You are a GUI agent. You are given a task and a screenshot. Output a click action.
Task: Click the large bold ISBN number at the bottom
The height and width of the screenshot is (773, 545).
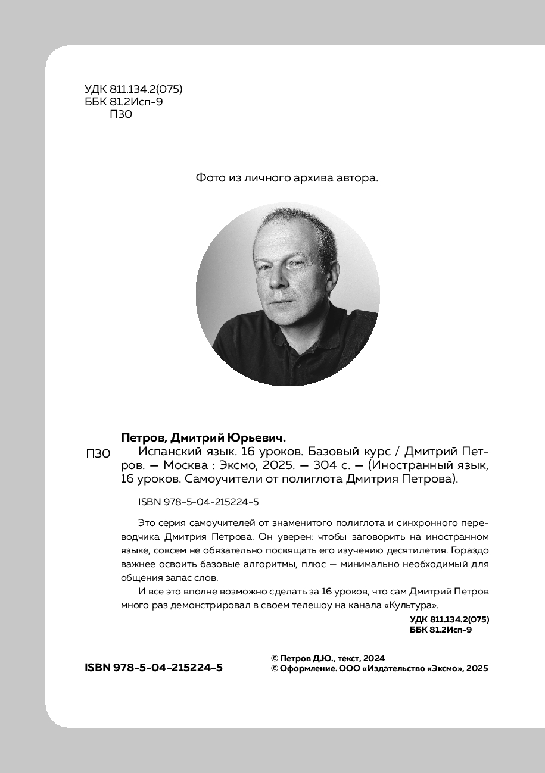(154, 668)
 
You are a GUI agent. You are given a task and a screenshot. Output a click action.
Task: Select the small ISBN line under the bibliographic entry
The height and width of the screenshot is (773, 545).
(198, 502)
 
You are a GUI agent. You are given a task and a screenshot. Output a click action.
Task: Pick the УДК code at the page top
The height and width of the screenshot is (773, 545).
(133, 90)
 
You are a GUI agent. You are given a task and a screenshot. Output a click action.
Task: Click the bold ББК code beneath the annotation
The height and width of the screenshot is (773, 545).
(441, 630)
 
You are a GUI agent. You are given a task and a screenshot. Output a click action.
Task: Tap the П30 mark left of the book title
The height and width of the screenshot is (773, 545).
(98, 454)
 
